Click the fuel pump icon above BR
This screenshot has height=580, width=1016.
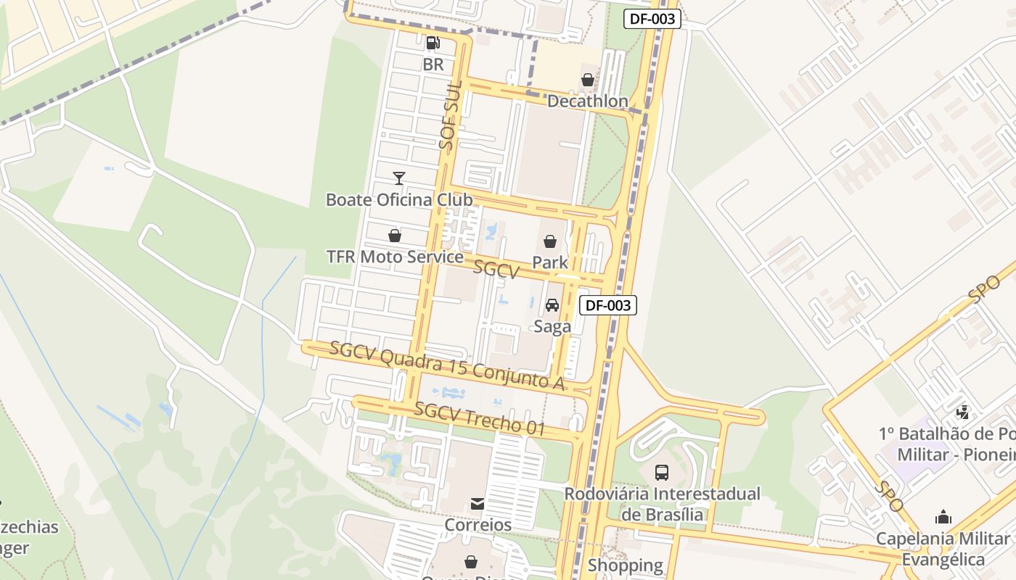pos(433,43)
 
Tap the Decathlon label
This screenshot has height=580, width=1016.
pos(588,101)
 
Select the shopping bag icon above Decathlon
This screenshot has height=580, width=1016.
pos(588,79)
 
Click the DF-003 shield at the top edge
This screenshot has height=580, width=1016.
pos(652,20)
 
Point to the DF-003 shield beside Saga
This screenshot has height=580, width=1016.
pos(608,305)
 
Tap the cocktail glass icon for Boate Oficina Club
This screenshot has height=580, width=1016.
pos(398,178)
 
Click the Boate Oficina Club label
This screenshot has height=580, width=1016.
pos(399,199)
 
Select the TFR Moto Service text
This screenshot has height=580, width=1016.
pos(395,257)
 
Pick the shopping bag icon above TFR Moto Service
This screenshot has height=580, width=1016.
pos(395,236)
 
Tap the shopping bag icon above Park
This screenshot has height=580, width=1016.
pos(550,241)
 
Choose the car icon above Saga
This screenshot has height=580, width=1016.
pos(552,305)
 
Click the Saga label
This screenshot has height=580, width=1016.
pos(552,326)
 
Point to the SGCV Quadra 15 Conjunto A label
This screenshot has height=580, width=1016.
pos(447,365)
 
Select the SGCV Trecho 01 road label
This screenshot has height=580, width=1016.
pos(479,418)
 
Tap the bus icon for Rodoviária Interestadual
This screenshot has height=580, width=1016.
pos(662,473)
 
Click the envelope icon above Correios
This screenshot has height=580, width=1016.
pos(478,504)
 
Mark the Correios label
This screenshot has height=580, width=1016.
pos(478,524)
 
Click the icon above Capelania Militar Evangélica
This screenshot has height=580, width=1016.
pos(943,517)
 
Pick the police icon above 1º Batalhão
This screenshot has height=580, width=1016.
pos(963,413)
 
